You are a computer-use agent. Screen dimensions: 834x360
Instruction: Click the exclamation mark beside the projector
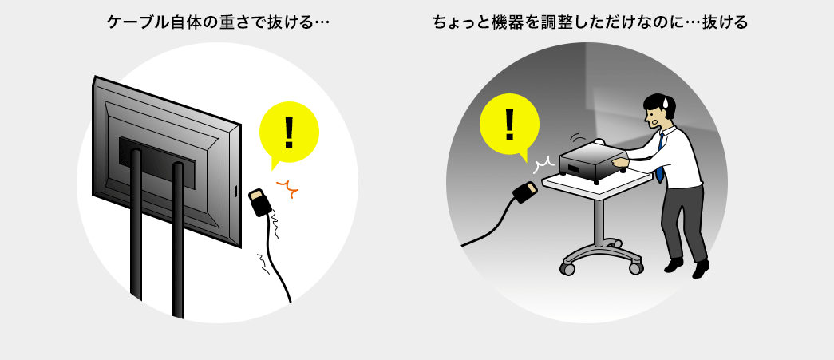pyautogui.click(x=509, y=124)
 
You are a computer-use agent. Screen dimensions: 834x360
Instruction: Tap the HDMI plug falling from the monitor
pyautogui.click(x=261, y=202)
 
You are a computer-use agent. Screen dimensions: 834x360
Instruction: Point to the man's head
pyautogui.click(x=659, y=111)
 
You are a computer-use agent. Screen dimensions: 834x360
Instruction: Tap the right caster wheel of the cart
pyautogui.click(x=635, y=267)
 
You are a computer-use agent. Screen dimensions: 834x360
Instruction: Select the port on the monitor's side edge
pyautogui.click(x=235, y=191)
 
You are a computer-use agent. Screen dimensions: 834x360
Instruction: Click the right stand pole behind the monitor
pyautogui.click(x=178, y=240)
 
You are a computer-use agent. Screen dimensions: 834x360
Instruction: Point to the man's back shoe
pyautogui.click(x=674, y=265)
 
